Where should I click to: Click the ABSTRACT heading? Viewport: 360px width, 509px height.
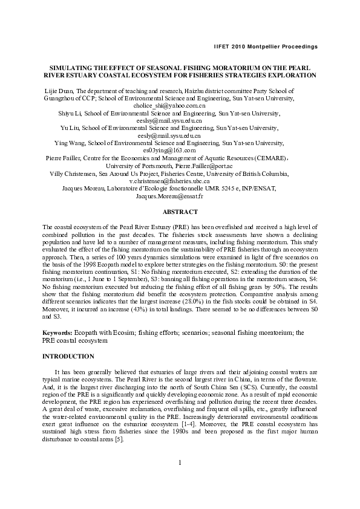coord(180,212)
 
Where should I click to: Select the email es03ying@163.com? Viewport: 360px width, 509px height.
coord(169,151)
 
